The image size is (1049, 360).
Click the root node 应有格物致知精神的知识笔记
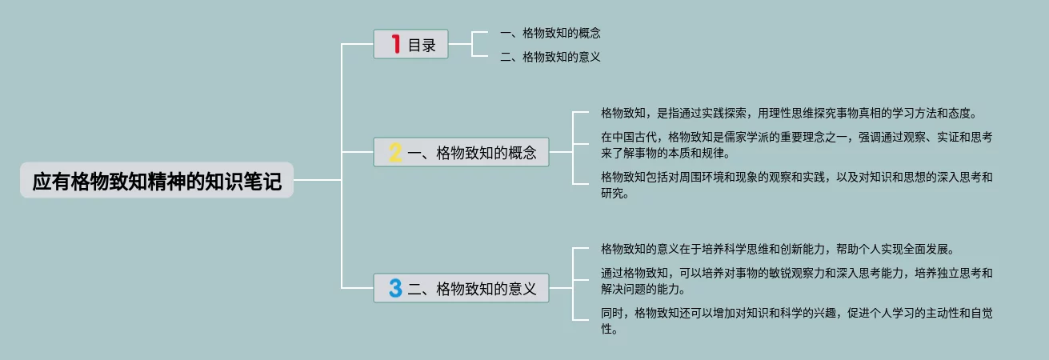click(x=157, y=181)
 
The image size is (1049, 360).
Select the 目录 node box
click(x=410, y=44)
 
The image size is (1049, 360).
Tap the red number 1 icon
click(x=395, y=44)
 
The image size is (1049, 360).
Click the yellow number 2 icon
click(x=395, y=152)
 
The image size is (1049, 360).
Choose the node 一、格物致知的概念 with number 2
click(x=462, y=152)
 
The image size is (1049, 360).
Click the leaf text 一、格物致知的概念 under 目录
click(x=550, y=33)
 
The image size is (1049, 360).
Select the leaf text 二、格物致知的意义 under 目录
click(x=550, y=57)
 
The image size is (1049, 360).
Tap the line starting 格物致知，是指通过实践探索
click(x=789, y=113)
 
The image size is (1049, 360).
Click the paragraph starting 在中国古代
click(x=796, y=145)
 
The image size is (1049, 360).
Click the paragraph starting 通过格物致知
click(x=796, y=281)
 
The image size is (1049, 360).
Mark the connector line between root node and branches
click(x=318, y=181)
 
